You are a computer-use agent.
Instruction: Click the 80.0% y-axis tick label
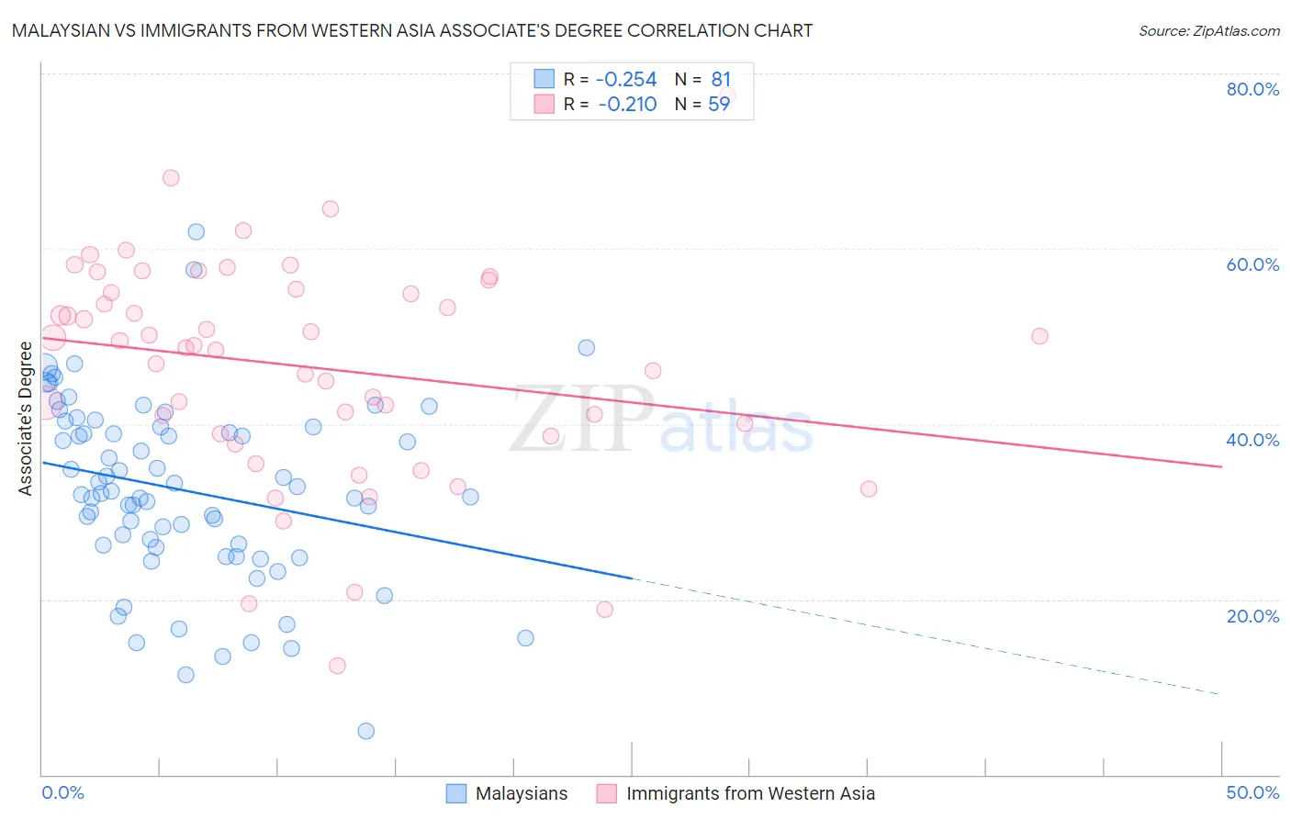point(1252,89)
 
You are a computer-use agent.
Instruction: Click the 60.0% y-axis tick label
point(1252,264)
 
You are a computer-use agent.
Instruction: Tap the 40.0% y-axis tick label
point(1252,440)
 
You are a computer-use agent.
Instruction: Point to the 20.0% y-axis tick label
point(1252,616)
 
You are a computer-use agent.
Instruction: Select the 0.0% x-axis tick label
point(62,792)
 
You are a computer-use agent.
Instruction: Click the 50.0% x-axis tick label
point(1252,792)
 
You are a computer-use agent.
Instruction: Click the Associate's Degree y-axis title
point(26,419)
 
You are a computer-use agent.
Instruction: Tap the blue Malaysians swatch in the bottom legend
point(456,793)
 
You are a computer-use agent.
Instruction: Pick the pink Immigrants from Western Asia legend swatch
point(607,793)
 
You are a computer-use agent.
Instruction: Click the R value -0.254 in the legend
point(626,79)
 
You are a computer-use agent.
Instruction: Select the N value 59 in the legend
point(719,104)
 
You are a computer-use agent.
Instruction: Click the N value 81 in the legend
point(721,79)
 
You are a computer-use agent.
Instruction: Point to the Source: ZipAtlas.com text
point(1208,31)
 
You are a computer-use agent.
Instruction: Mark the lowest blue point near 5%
point(366,731)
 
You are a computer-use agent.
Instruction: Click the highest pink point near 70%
point(171,178)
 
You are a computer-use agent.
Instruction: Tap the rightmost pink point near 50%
point(1039,336)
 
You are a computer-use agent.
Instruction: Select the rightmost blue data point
point(587,348)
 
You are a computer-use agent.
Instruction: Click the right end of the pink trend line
point(1221,466)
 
